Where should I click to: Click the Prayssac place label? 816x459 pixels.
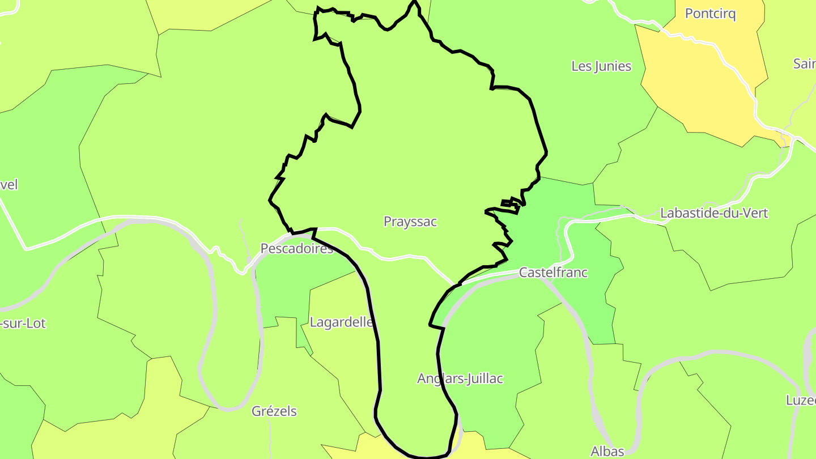coord(410,222)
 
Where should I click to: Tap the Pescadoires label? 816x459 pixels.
coord(296,248)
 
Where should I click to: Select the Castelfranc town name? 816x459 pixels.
coord(553,273)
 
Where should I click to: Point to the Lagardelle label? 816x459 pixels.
coord(342,322)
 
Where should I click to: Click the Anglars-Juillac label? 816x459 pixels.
coord(460,379)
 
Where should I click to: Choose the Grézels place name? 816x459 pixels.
coord(274,411)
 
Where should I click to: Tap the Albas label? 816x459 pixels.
coord(607,451)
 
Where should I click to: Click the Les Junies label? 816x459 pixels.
coord(601,66)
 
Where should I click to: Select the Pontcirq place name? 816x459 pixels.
coord(710,14)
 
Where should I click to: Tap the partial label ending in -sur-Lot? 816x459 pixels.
coord(23,324)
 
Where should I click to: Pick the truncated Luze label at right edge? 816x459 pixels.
coord(800,400)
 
